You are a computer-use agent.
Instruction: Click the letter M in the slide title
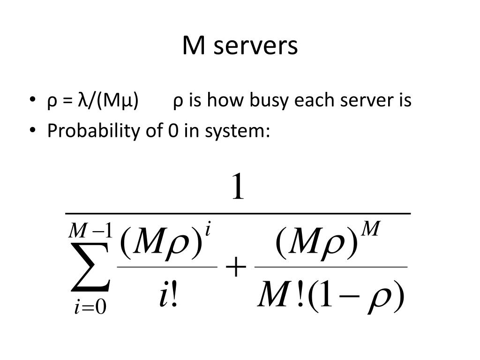(192, 46)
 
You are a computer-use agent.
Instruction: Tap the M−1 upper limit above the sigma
(91, 231)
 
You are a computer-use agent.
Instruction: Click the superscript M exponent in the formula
(370, 229)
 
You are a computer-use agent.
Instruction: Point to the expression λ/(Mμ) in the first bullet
(108, 101)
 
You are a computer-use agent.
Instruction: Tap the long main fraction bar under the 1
(238, 213)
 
